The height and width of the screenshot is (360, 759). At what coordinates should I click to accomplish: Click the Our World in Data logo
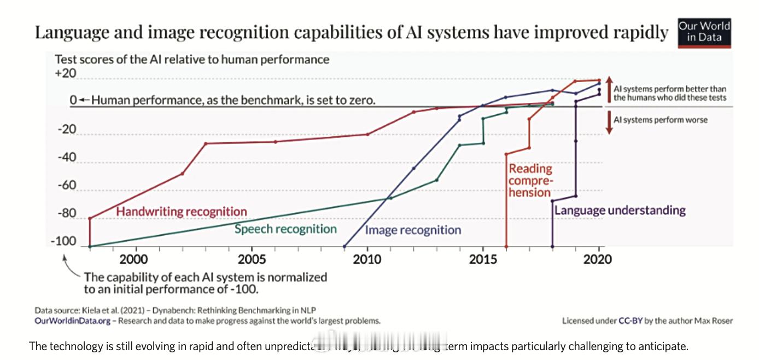click(x=704, y=33)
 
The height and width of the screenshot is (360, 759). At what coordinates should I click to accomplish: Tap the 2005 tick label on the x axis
click(x=252, y=259)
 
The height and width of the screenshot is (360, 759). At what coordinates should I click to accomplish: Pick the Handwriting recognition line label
click(x=182, y=211)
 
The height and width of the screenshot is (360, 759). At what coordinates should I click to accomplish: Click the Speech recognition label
click(x=285, y=229)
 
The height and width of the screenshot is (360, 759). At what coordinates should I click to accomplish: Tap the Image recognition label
click(x=413, y=230)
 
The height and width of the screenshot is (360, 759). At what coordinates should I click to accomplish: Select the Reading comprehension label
click(x=530, y=181)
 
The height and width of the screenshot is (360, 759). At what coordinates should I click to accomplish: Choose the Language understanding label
click(x=620, y=210)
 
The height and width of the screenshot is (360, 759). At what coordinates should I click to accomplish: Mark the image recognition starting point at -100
click(x=344, y=247)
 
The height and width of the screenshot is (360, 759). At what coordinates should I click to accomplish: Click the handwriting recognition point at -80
click(x=90, y=218)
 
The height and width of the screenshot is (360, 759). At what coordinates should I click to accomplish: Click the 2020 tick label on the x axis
click(x=599, y=259)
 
